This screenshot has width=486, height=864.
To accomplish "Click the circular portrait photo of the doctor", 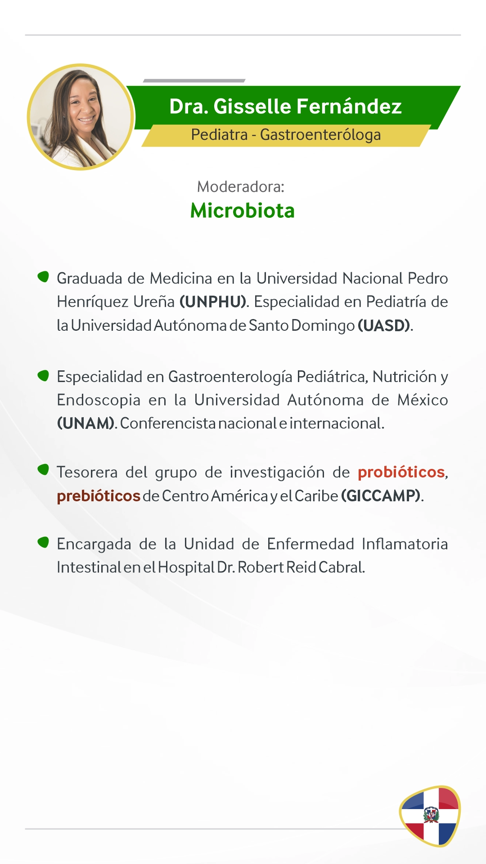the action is coord(81,117).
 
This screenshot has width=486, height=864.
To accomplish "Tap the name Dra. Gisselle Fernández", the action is coord(285,107).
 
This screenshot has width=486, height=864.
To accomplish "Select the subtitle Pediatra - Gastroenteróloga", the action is coord(286,135).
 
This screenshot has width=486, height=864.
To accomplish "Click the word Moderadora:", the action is coord(241,186).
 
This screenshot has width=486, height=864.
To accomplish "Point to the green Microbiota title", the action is coord(243,211).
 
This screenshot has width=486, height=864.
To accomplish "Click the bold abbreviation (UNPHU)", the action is coord(213,302).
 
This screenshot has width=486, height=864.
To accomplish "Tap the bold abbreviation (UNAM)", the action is coord(85,423).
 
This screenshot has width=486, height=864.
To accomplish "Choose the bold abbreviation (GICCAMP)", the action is coord(381,496).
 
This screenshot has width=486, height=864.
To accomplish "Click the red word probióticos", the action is coord(401,472).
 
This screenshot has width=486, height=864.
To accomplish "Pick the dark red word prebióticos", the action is coord(99,496).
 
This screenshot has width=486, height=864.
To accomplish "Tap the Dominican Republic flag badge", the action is coord(430,816).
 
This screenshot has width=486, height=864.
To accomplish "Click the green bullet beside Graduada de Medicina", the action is coord(43,276).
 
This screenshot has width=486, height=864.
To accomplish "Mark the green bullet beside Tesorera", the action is coord(43,470).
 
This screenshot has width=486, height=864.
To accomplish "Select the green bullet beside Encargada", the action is coord(43,542).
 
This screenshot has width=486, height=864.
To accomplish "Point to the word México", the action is coord(423,400).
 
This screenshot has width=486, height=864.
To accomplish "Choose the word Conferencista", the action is coord(168,423).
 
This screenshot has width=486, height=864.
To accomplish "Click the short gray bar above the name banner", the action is coord(194,81).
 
